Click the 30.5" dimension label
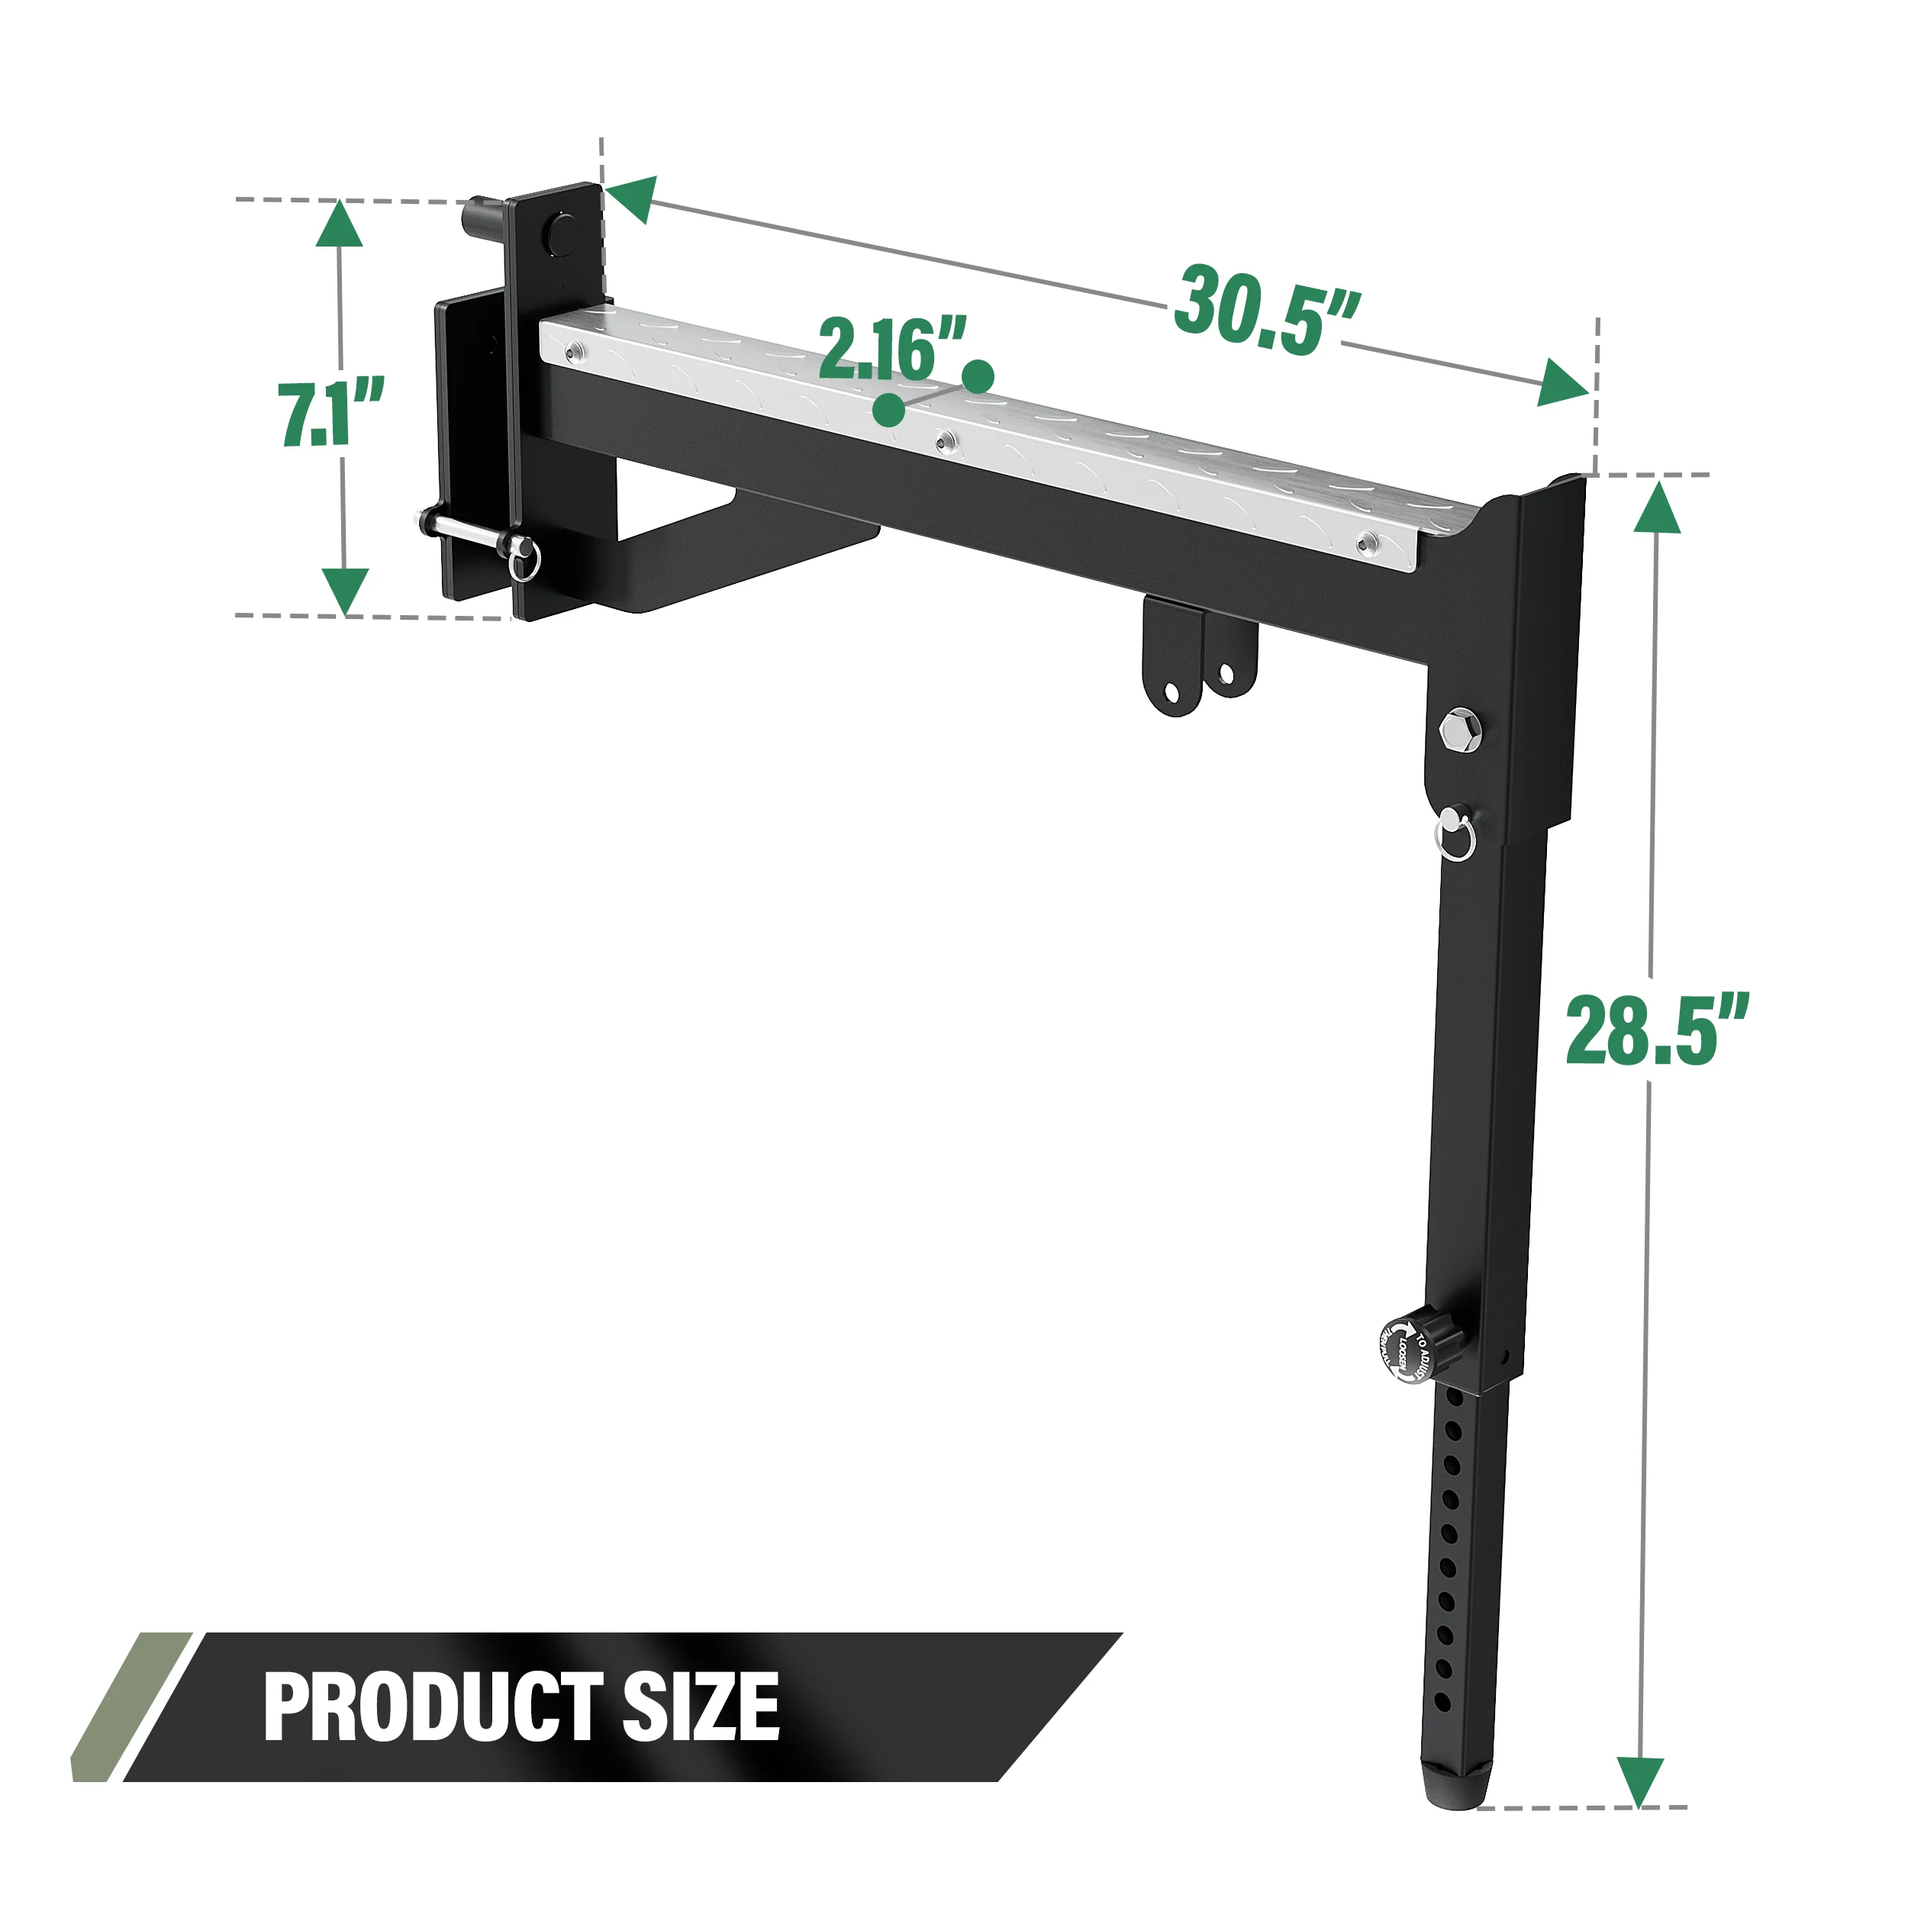1267,309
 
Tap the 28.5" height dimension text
1656,1031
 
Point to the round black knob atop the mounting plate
564,232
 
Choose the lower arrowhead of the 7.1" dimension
345,591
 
